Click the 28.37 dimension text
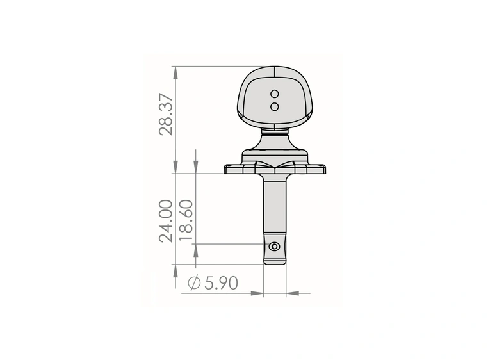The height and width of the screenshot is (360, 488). (x=165, y=113)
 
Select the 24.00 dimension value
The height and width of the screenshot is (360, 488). (x=165, y=221)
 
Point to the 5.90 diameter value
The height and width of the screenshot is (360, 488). (x=222, y=283)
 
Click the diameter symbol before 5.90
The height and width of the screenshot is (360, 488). (x=194, y=282)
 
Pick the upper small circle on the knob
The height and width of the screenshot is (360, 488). (x=275, y=94)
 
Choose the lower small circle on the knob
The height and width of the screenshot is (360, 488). (x=275, y=107)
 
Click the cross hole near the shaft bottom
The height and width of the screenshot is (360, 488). (x=274, y=247)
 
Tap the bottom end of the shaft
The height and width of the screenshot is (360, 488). (x=275, y=264)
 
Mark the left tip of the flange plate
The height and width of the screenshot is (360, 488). (x=224, y=170)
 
